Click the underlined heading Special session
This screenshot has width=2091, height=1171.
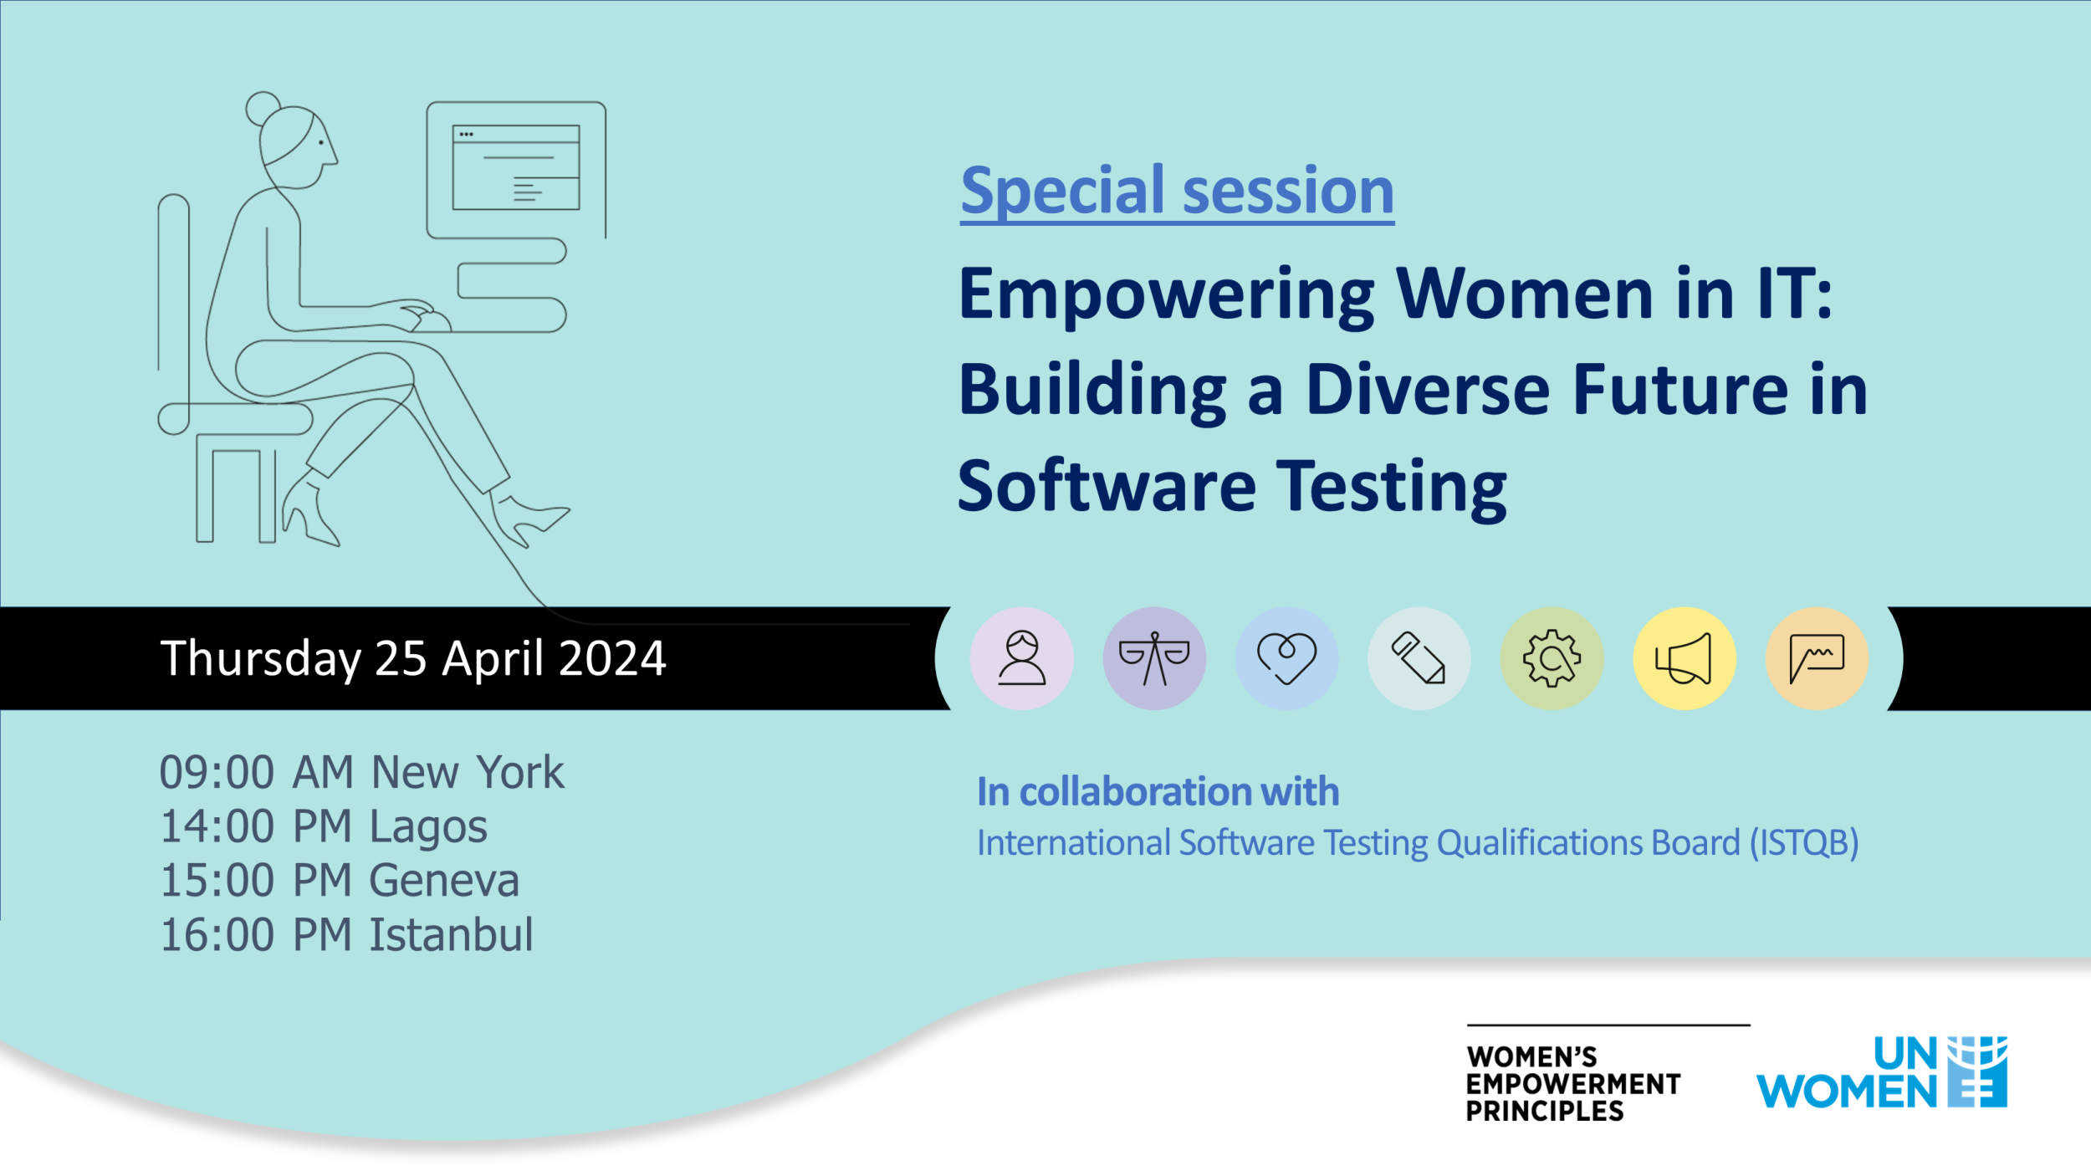(x=1177, y=192)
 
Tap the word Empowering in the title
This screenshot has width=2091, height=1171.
(x=1166, y=294)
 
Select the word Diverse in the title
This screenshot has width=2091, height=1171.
(x=1427, y=391)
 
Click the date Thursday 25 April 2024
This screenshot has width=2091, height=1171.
(x=413, y=658)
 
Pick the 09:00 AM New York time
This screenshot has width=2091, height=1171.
(x=361, y=772)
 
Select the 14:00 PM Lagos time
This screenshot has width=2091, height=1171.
(x=323, y=826)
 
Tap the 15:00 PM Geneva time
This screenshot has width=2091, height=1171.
(x=339, y=881)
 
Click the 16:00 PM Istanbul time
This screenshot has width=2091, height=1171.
(x=345, y=935)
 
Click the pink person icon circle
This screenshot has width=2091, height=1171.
(x=1021, y=658)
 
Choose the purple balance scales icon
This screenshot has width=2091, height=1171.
(x=1154, y=658)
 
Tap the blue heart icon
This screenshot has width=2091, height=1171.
(x=1286, y=658)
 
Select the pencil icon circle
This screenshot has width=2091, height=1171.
(x=1419, y=658)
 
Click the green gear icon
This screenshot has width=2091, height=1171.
(x=1552, y=658)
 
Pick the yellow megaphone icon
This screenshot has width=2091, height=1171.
(x=1684, y=658)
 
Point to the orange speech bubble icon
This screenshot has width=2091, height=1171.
(x=1817, y=658)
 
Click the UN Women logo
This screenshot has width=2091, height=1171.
(x=1881, y=1072)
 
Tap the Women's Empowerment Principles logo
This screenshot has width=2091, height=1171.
(x=1572, y=1082)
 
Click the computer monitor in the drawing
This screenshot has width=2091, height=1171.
(x=516, y=168)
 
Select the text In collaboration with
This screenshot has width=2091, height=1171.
(x=1158, y=791)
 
